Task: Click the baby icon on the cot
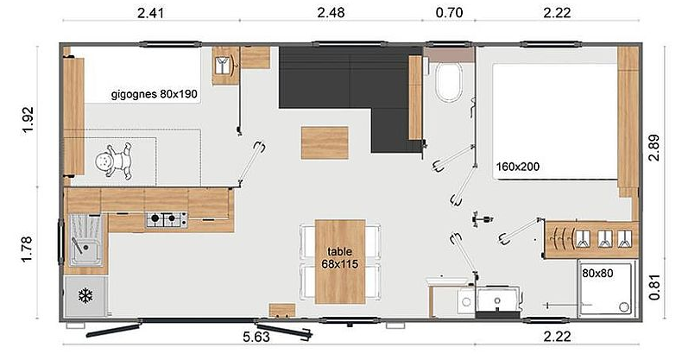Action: pyautogui.click(x=114, y=161)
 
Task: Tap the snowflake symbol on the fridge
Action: pyautogui.click(x=85, y=296)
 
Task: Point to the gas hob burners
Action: pyautogui.click(x=167, y=219)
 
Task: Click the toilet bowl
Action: pyautogui.click(x=448, y=82)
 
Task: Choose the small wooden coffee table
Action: pyautogui.click(x=325, y=142)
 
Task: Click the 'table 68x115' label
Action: pyautogui.click(x=339, y=257)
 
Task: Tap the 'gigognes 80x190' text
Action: pyautogui.click(x=154, y=94)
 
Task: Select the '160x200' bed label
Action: pyautogui.click(x=518, y=167)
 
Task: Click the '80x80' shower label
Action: pyautogui.click(x=597, y=273)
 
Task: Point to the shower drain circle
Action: pyautogui.click(x=624, y=307)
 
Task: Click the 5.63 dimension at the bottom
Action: pyautogui.click(x=256, y=337)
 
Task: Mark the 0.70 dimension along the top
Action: pyautogui.click(x=449, y=12)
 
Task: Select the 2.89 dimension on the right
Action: pyautogui.click(x=654, y=148)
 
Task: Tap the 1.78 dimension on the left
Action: pyautogui.click(x=27, y=249)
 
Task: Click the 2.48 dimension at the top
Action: pyautogui.click(x=331, y=12)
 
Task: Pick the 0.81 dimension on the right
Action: pyautogui.click(x=654, y=287)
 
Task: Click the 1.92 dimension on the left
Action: pyautogui.click(x=27, y=120)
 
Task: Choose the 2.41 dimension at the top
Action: pyautogui.click(x=150, y=13)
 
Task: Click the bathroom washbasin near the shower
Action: pyautogui.click(x=497, y=300)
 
